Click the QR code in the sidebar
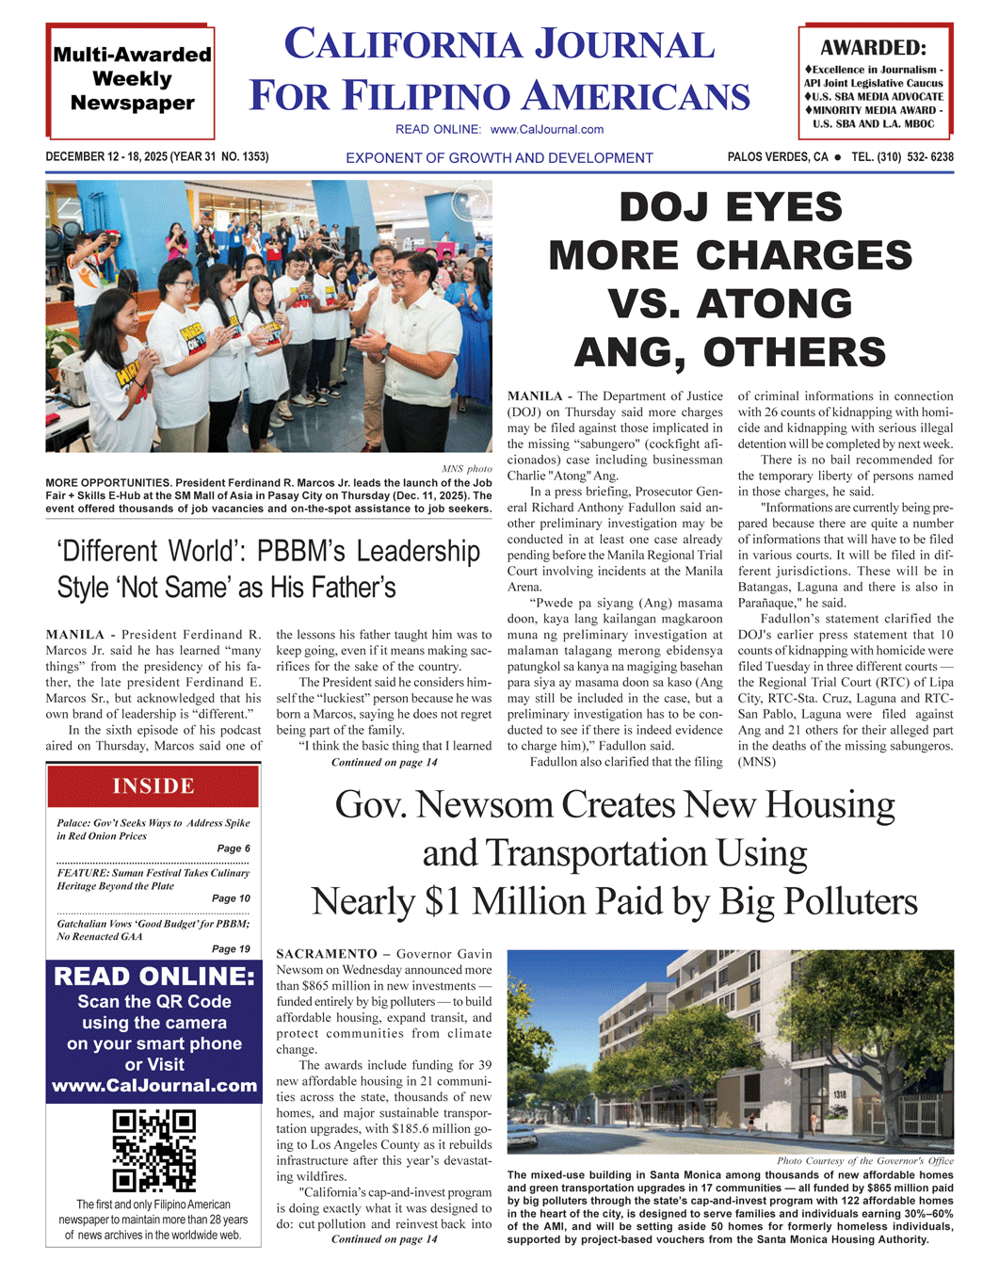153,1150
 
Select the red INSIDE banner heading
153,786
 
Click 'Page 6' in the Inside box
234,849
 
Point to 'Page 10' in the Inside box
231,898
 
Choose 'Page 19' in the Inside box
231,949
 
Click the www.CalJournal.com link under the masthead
547,129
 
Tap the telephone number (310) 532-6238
902,157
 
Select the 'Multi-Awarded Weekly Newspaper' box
132,79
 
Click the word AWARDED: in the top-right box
873,48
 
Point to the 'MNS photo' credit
466,468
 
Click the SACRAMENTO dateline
326,954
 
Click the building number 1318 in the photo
838,1094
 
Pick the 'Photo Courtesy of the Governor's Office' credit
864,1160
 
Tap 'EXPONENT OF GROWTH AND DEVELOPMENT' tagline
499,158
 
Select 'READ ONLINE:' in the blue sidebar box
153,977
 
